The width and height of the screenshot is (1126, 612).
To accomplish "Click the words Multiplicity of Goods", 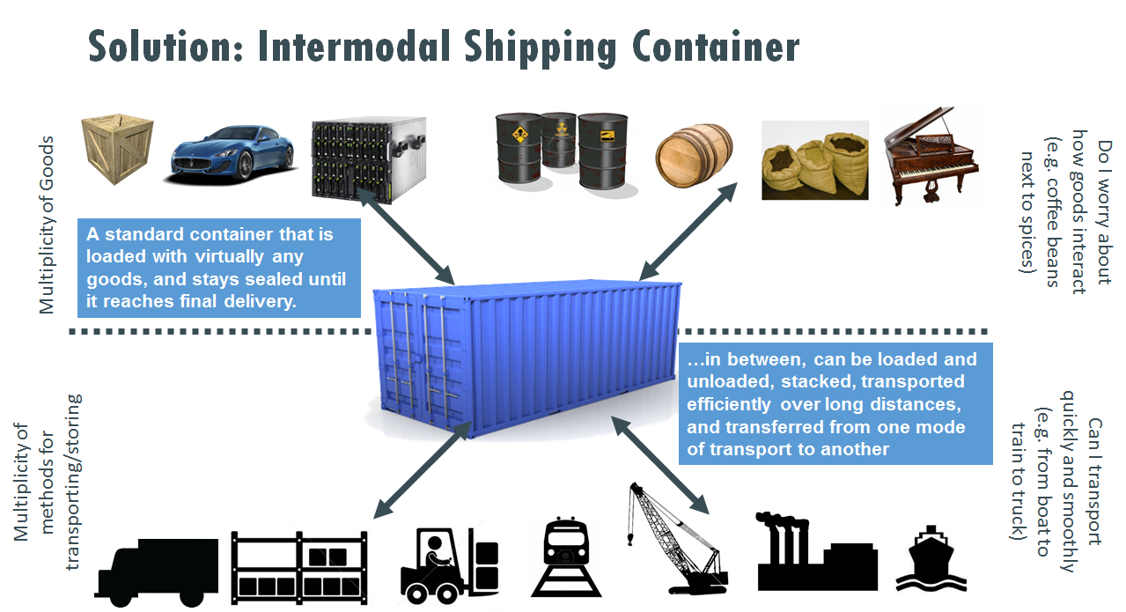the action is point(47,225).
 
